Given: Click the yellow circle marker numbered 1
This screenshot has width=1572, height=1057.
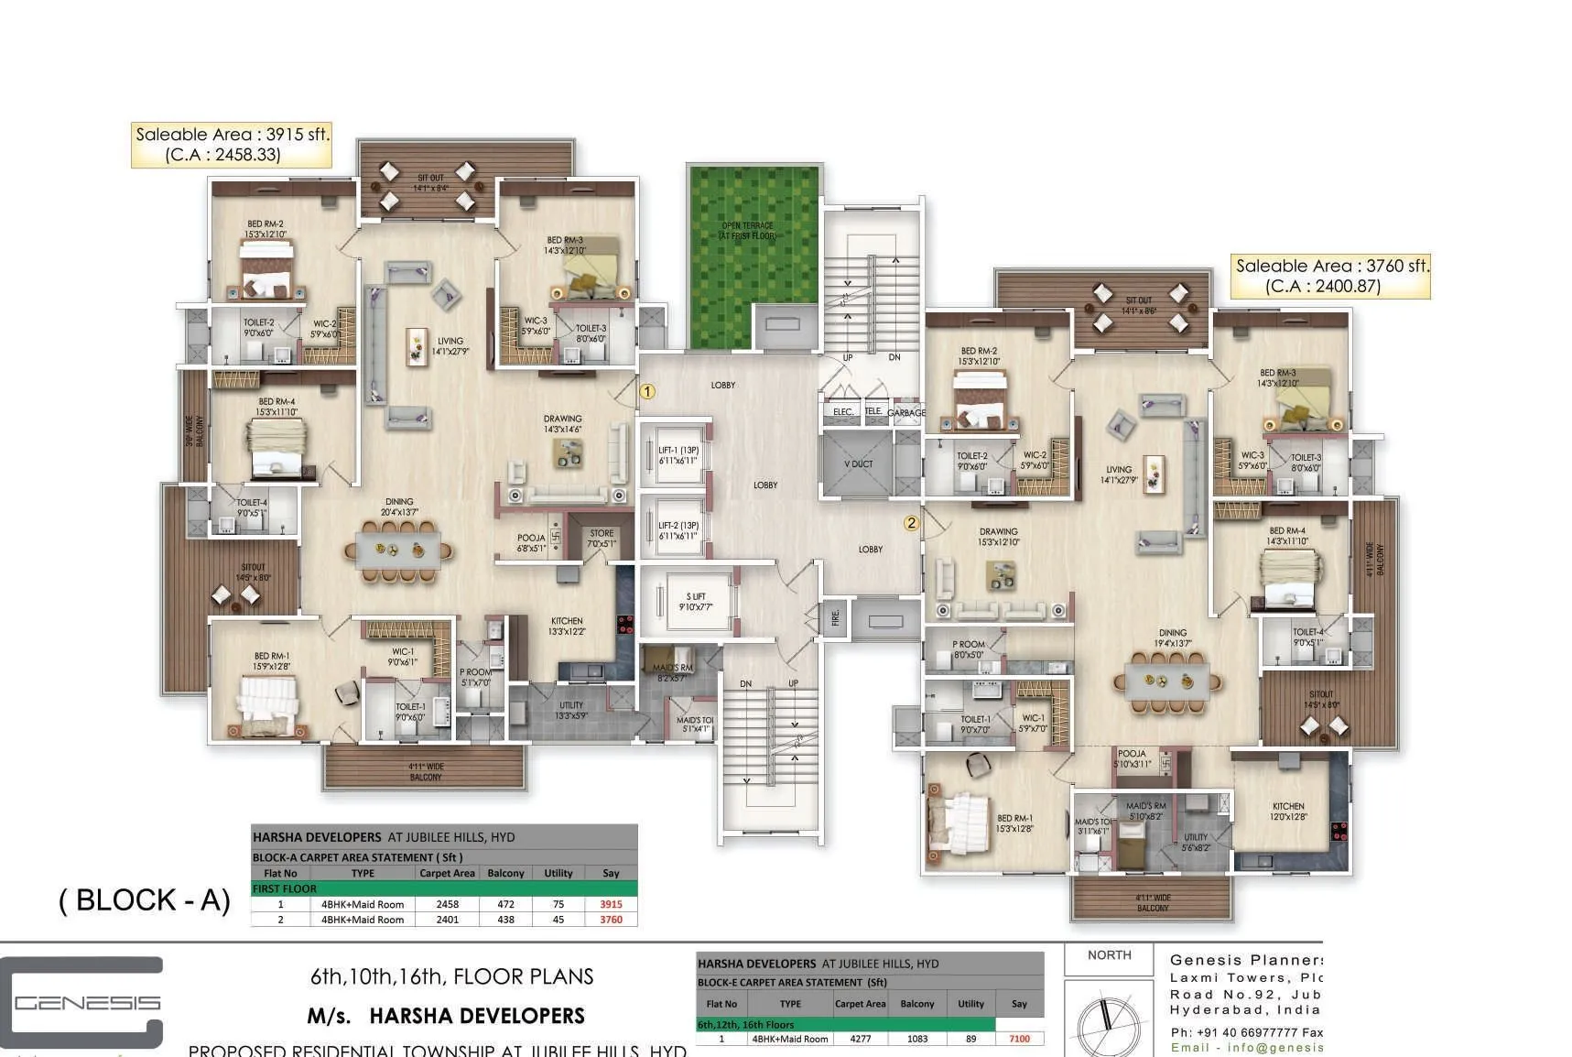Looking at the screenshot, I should pos(647,392).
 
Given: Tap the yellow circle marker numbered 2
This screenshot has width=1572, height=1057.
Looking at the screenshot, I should pos(911,524).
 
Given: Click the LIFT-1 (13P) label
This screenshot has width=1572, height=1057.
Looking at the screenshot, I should pos(678,455).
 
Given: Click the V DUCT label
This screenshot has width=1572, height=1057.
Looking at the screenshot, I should pos(858,464).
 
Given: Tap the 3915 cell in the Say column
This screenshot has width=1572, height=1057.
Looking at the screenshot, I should pos(611,904).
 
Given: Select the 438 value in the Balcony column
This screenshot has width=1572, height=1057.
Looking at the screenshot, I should pos(505,920).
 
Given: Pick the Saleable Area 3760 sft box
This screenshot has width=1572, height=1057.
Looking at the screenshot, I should pos(1331,276).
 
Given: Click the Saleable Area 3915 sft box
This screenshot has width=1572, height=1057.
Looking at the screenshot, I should pos(231,145).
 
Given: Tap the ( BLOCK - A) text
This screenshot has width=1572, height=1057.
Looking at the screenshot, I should pos(145,900).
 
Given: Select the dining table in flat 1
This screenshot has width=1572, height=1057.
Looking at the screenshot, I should pos(398,550).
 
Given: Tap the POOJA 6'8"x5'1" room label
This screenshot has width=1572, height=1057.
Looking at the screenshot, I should pos(531,543).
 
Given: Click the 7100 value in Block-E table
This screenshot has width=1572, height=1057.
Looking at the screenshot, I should pos(1019,1039).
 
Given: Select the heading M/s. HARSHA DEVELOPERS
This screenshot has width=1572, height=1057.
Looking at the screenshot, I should pos(446,1016).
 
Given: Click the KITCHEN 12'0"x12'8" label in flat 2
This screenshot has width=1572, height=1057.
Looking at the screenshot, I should pos(1288,812).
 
